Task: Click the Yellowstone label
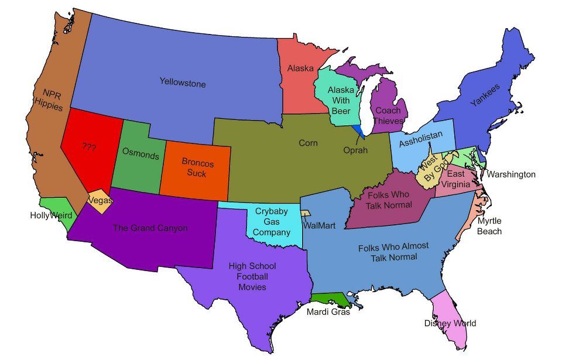pyautogui.click(x=183, y=83)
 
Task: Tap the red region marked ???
pyautogui.click(x=89, y=148)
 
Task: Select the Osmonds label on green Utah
pyautogui.click(x=140, y=156)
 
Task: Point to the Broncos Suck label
pyautogui.click(x=197, y=167)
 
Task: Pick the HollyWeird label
pyautogui.click(x=51, y=215)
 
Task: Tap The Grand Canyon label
pyautogui.click(x=150, y=228)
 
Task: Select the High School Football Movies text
pyautogui.click(x=252, y=276)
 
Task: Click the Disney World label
pyautogui.click(x=450, y=323)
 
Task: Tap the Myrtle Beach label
pyautogui.click(x=489, y=226)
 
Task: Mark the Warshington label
pyautogui.click(x=511, y=174)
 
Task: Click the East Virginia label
pyautogui.click(x=456, y=179)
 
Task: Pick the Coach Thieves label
pyautogui.click(x=388, y=116)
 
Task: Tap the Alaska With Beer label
pyautogui.click(x=340, y=100)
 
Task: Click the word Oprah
pyautogui.click(x=355, y=150)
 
